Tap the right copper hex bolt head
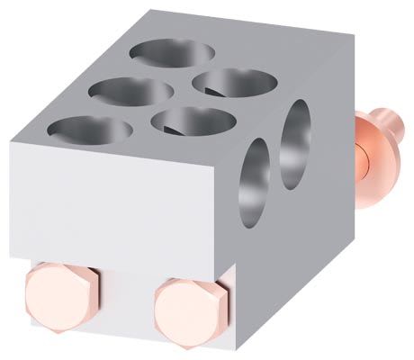point(192,305)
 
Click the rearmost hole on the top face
point(171,51)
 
